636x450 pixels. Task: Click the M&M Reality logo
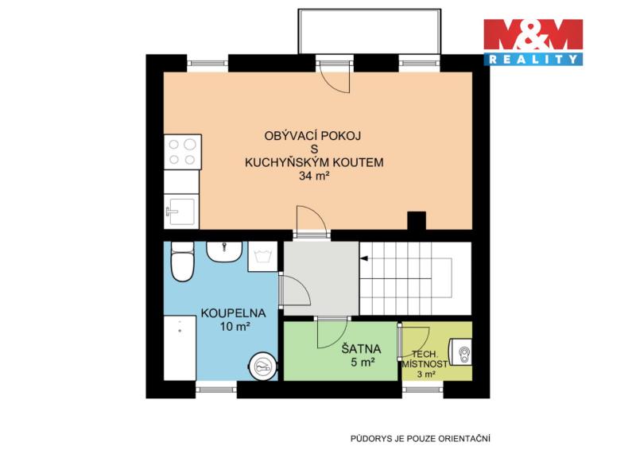pos(533,42)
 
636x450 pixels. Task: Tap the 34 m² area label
pos(314,177)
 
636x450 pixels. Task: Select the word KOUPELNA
pos(234,313)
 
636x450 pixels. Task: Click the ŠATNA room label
pos(361,349)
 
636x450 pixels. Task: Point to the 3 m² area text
pos(426,374)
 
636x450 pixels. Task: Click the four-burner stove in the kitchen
pos(183,152)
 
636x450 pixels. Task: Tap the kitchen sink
pos(181,211)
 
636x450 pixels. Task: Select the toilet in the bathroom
pos(182,262)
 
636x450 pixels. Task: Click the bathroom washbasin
pos(224,251)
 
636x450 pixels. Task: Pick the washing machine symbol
pos(262,257)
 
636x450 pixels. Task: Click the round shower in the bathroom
pos(263,366)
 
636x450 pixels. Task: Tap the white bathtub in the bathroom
pos(180,348)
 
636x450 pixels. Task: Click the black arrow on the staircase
pos(364,258)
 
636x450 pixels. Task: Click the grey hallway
pos(321,278)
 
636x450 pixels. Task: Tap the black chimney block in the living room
pos(417,220)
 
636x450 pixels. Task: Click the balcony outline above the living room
pos(369,10)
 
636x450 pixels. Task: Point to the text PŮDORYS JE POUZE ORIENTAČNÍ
pos(421,439)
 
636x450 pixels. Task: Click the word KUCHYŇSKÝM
pos(287,163)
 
